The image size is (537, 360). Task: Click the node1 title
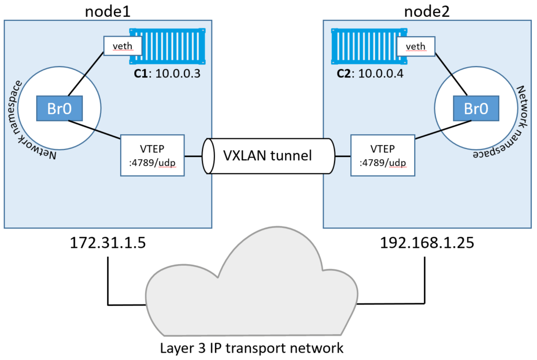(x=108, y=12)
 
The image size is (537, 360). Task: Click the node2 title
(x=427, y=12)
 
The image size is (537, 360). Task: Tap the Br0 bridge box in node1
(x=60, y=108)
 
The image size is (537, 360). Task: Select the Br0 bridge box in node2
(x=476, y=108)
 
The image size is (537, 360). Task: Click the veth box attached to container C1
(x=123, y=46)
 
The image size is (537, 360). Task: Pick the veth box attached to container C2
(x=416, y=46)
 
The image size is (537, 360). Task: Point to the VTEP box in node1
(x=153, y=155)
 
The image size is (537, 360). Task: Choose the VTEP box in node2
(x=383, y=155)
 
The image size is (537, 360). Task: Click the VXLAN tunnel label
(x=267, y=156)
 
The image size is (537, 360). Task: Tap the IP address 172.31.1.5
(x=108, y=243)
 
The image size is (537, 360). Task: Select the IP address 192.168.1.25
(x=427, y=243)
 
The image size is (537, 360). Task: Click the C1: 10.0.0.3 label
(x=167, y=73)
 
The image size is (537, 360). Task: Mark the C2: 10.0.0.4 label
(x=370, y=73)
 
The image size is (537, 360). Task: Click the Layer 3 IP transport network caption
(x=252, y=348)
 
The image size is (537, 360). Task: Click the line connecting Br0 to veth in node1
(x=86, y=74)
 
